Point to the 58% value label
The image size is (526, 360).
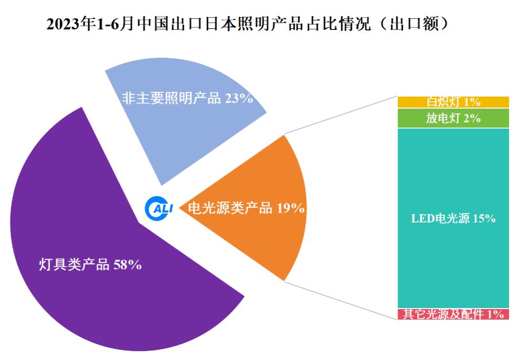point(128,265)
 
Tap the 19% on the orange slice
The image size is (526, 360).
point(291,208)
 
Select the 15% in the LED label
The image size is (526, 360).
point(484,219)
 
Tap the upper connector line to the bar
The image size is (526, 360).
point(341,115)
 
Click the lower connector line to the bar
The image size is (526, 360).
point(341,300)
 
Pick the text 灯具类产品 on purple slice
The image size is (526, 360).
point(74,265)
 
